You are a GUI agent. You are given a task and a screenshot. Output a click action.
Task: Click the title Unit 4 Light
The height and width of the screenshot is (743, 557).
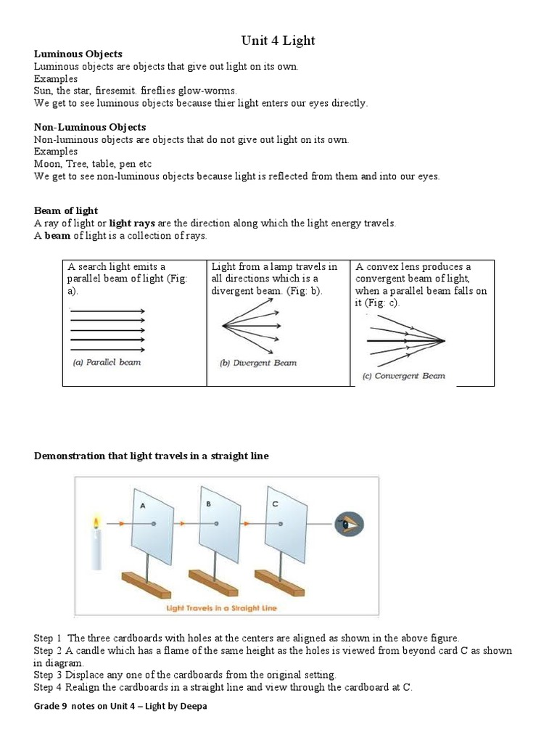pos(278,41)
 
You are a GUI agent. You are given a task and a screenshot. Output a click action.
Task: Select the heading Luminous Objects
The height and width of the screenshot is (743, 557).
pos(78,54)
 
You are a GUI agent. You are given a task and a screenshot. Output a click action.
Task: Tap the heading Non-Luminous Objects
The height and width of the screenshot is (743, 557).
pos(90,127)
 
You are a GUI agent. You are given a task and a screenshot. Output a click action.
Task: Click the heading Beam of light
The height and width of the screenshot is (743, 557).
pos(66,210)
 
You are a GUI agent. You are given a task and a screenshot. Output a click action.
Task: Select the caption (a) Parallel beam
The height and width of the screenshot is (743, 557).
pos(107,362)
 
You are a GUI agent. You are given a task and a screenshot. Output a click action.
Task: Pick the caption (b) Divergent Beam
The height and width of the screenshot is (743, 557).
pos(257,363)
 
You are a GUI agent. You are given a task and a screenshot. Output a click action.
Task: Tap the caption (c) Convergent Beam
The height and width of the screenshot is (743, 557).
pos(403,376)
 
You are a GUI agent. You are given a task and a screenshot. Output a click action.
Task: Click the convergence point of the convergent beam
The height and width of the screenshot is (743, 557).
pos(443,341)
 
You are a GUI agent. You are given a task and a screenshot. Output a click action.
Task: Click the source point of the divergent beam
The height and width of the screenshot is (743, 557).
pos(223,327)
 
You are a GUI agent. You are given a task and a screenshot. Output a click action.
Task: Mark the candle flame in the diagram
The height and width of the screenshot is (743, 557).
pos(95,522)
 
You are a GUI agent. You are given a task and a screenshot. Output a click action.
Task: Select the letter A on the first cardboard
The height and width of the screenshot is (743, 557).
pos(144,506)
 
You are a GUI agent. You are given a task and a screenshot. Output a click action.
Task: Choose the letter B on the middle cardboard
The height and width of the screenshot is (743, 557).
pos(208,502)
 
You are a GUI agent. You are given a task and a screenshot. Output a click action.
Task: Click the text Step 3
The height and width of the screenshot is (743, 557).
pos(48,674)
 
